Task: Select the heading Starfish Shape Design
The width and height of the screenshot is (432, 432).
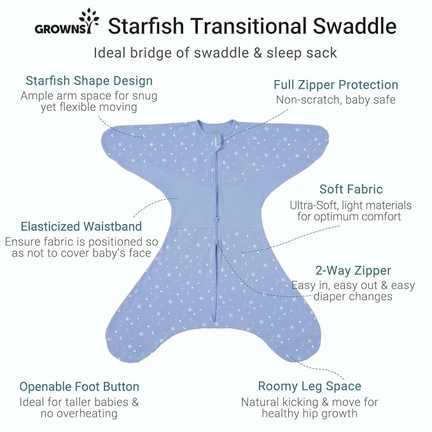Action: click(x=89, y=81)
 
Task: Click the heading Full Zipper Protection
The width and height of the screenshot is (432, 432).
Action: click(x=335, y=85)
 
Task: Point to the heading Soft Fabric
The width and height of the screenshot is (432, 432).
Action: click(x=351, y=189)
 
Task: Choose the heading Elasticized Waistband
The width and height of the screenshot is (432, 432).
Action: click(x=81, y=226)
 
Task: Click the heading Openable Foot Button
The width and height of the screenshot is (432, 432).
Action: click(x=79, y=386)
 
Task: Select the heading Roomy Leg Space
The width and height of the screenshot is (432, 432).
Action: click(x=309, y=386)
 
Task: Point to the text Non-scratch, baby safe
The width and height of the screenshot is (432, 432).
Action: click(x=335, y=100)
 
